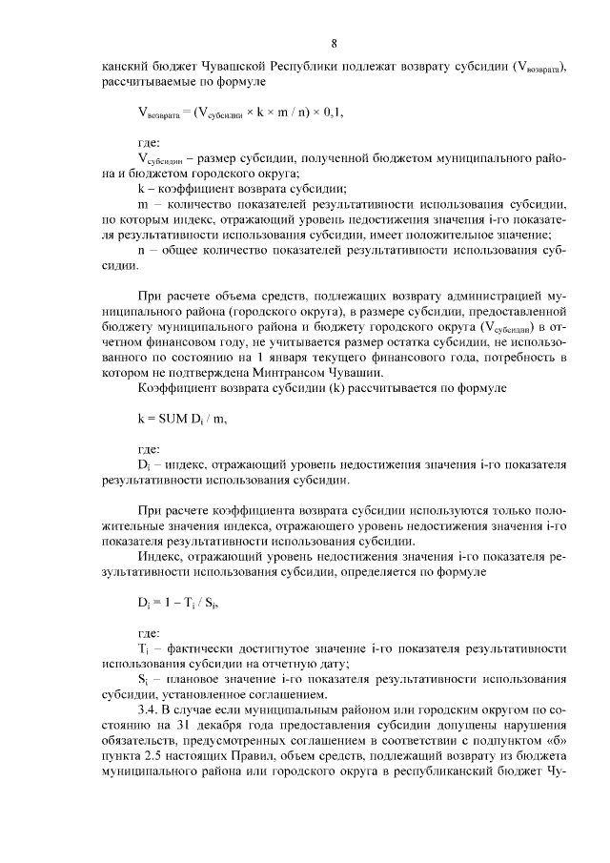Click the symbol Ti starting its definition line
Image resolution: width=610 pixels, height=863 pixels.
[x=143, y=648]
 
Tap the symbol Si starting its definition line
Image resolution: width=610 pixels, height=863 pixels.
[x=143, y=679]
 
